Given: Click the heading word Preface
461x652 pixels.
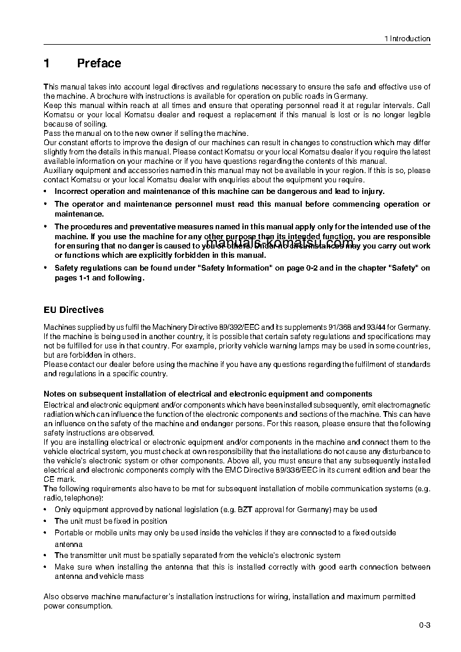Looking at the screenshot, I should point(99,63).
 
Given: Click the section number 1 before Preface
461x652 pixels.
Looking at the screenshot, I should point(47,63).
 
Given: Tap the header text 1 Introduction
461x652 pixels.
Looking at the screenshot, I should point(407,39).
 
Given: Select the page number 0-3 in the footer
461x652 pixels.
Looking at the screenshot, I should point(424,625).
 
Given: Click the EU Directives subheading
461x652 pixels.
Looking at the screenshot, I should point(74,310).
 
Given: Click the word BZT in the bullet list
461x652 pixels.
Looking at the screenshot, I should point(245,510).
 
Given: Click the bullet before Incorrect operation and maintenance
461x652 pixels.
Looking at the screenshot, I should point(47,191).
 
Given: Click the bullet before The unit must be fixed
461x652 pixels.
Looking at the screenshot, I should point(47,521).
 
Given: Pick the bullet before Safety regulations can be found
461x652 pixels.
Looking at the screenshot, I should point(47,268).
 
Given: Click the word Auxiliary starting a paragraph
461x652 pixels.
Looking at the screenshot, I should point(59,171).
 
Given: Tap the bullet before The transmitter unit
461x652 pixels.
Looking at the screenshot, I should point(47,556).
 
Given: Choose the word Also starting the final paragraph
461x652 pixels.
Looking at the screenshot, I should point(52,597).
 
